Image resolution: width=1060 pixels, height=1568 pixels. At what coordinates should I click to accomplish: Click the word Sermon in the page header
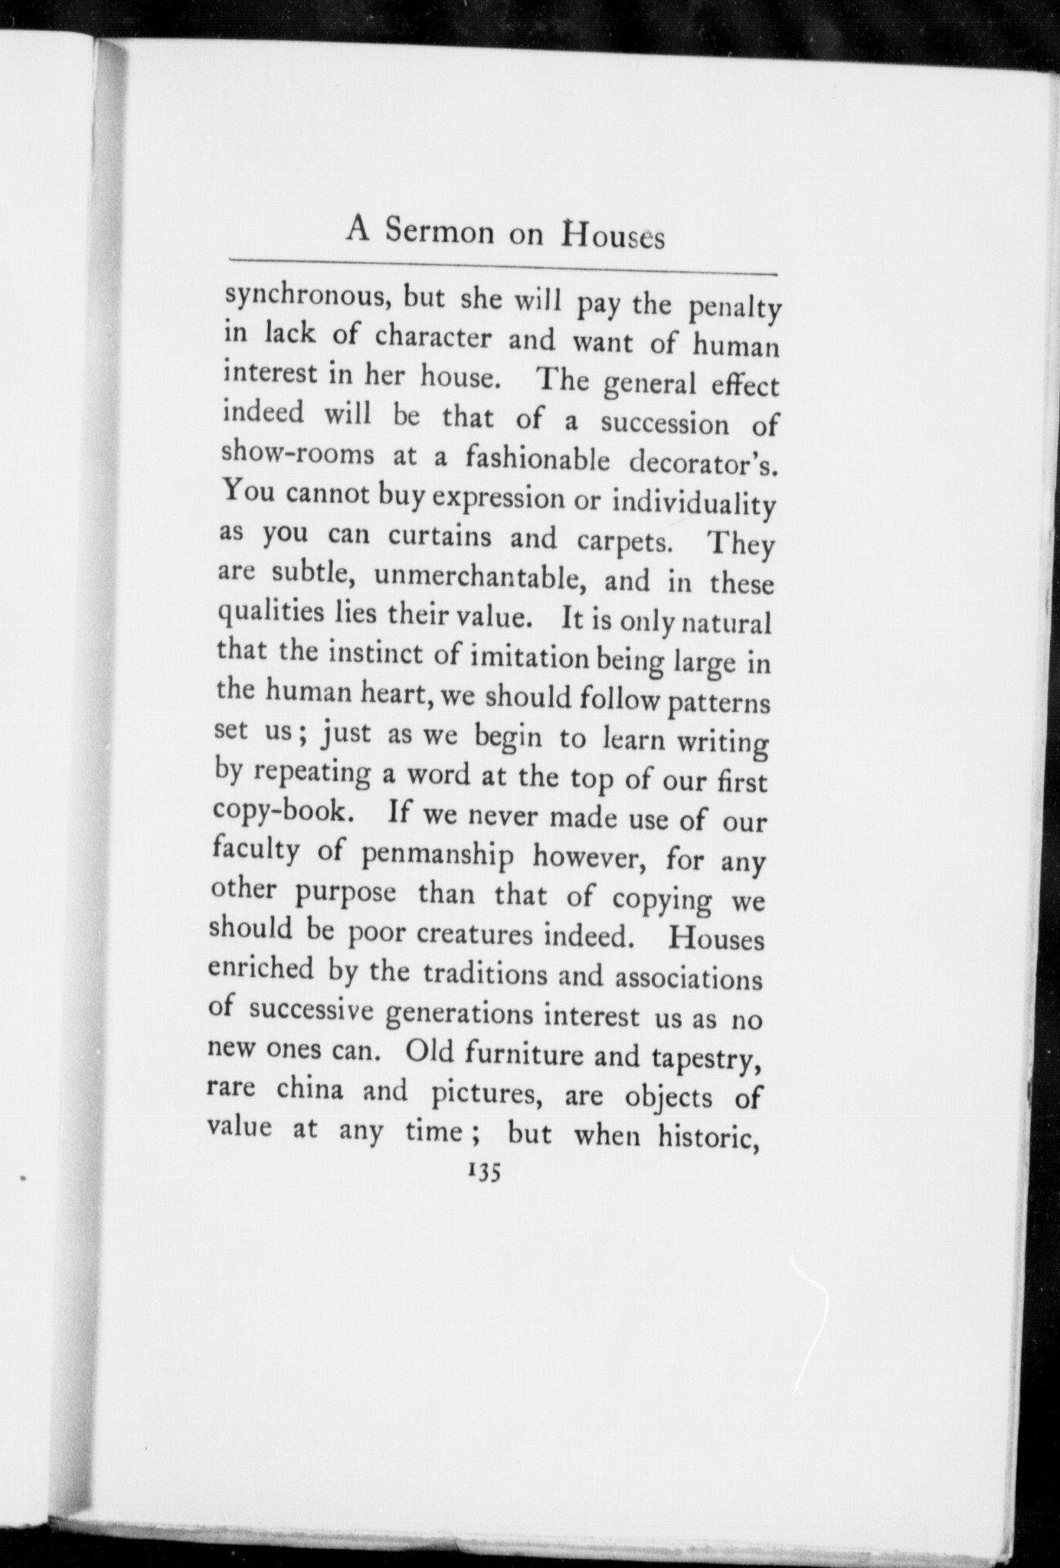[440, 231]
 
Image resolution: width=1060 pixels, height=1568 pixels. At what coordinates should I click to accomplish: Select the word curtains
[439, 537]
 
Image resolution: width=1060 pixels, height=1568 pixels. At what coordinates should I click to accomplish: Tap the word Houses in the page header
[613, 235]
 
